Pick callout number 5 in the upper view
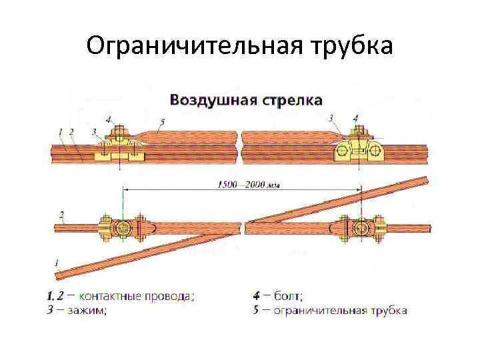[x=162, y=121]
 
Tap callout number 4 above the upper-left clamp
[x=109, y=119]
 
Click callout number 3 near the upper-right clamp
[x=331, y=118]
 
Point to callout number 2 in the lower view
[x=62, y=215]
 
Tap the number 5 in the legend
[x=257, y=310]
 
